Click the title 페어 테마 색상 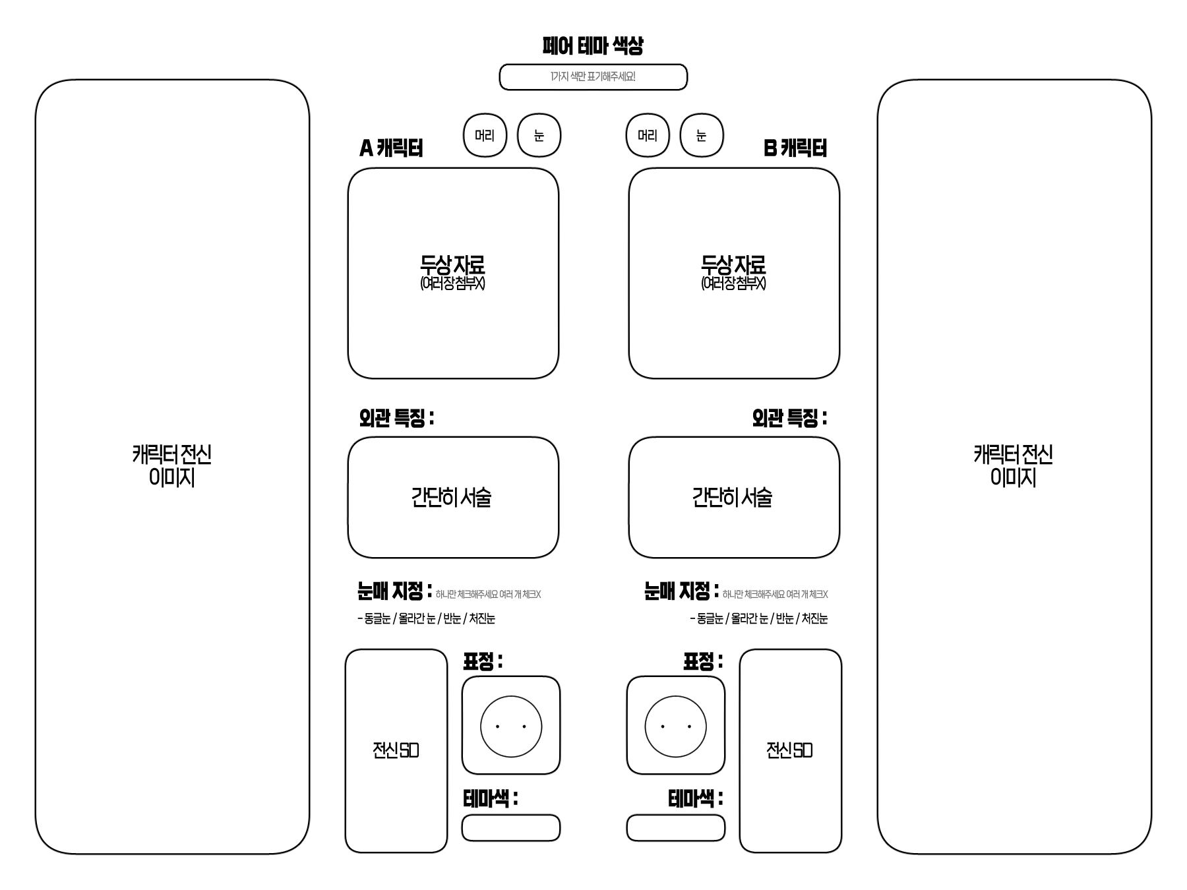[592, 45]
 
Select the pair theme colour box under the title [593, 77]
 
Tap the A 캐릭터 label [391, 148]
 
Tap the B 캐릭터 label [795, 148]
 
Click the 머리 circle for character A [485, 135]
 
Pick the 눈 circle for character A [539, 135]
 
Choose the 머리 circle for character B [648, 135]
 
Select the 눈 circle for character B [702, 135]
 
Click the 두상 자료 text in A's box [452, 266]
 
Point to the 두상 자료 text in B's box [733, 266]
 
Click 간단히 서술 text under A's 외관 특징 [452, 497]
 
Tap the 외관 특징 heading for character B [789, 418]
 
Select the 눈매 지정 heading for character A [394, 591]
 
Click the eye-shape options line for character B [759, 618]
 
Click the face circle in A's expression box [511, 727]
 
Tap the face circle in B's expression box [675, 727]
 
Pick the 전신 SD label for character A [396, 750]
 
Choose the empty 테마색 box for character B [675, 828]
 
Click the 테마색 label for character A [490, 799]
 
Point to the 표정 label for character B [702, 661]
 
